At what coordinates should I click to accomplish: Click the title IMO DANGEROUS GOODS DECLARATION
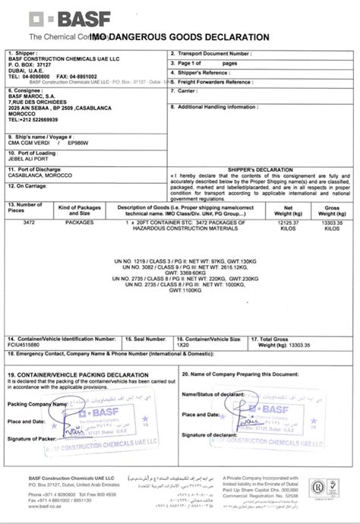coord(178,36)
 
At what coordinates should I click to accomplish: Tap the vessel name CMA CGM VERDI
coord(29,140)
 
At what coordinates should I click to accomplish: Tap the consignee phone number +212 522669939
coord(35,119)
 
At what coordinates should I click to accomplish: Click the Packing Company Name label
coord(31,405)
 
